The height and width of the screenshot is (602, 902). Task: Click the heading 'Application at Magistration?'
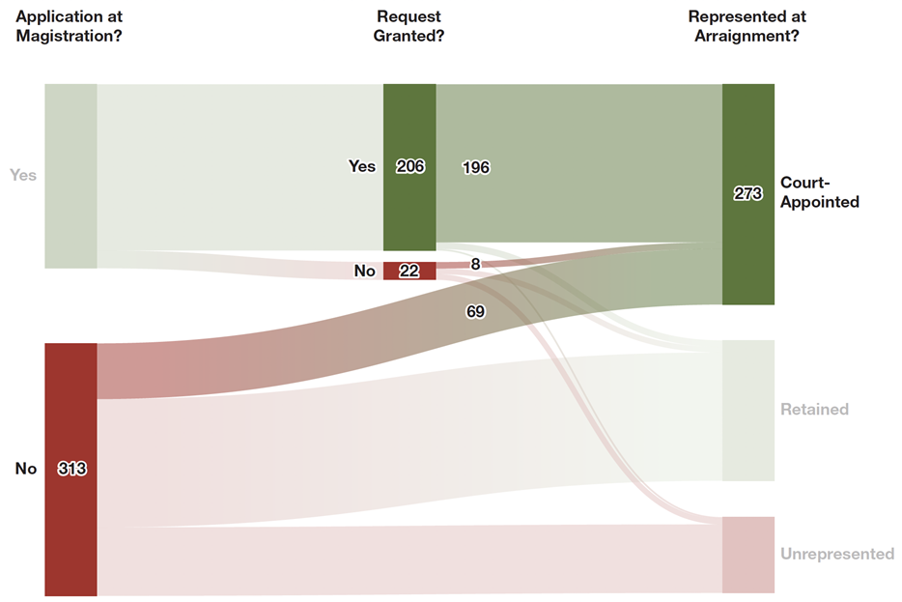pyautogui.click(x=70, y=27)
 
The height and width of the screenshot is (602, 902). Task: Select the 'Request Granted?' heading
pyautogui.click(x=409, y=27)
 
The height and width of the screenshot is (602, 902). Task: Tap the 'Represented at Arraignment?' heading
pyautogui.click(x=747, y=27)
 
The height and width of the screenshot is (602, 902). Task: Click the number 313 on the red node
pyautogui.click(x=72, y=469)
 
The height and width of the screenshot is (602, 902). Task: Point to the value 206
pyautogui.click(x=410, y=166)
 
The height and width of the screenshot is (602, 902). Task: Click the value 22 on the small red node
pyautogui.click(x=409, y=271)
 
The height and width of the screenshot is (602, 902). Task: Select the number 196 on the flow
pyautogui.click(x=476, y=167)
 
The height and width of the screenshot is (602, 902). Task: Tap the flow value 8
pyautogui.click(x=475, y=264)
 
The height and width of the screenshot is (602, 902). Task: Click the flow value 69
pyautogui.click(x=475, y=312)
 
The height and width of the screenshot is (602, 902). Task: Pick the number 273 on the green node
pyautogui.click(x=748, y=193)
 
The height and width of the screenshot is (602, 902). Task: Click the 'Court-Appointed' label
pyautogui.click(x=819, y=192)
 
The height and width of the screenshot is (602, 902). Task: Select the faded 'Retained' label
pyautogui.click(x=814, y=409)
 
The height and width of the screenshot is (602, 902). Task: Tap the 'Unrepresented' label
pyautogui.click(x=836, y=554)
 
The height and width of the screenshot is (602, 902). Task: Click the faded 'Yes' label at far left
pyautogui.click(x=23, y=175)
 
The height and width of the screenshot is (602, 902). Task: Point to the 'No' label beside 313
pyautogui.click(x=26, y=469)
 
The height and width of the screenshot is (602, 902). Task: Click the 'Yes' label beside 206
pyautogui.click(x=362, y=166)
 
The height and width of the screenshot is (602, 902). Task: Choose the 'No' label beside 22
pyautogui.click(x=364, y=271)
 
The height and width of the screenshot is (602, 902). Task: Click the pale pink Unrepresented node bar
pyautogui.click(x=748, y=555)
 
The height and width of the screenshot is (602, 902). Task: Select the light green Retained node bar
pyautogui.click(x=748, y=410)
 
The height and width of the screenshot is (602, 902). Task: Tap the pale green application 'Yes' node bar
pyautogui.click(x=70, y=176)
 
